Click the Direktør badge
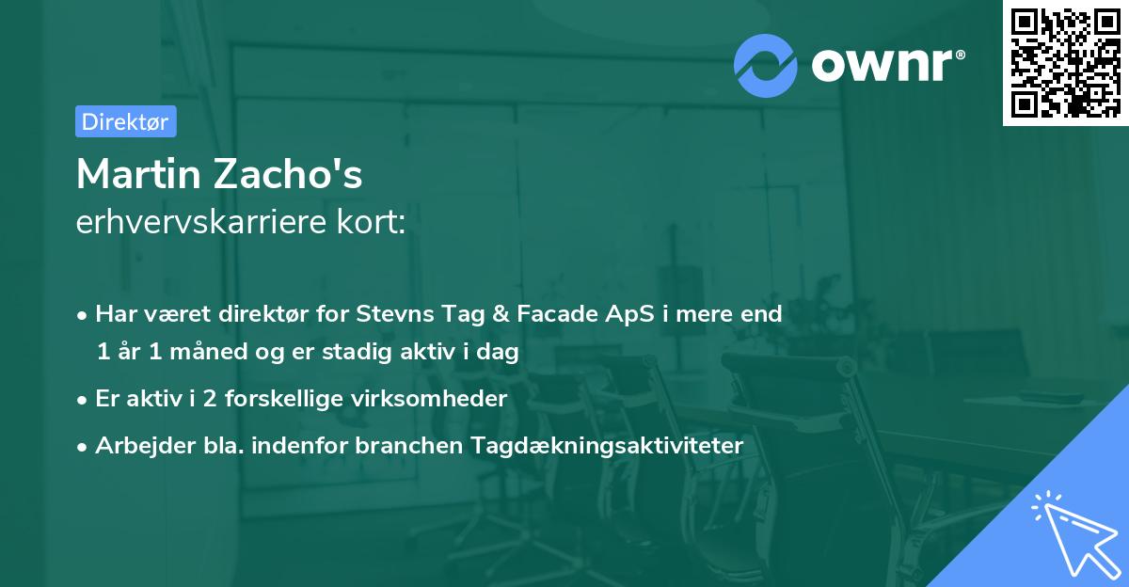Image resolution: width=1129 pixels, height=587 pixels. [125, 121]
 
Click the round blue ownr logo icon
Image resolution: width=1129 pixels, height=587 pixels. [766, 64]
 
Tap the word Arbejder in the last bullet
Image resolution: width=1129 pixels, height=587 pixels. [137, 445]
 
